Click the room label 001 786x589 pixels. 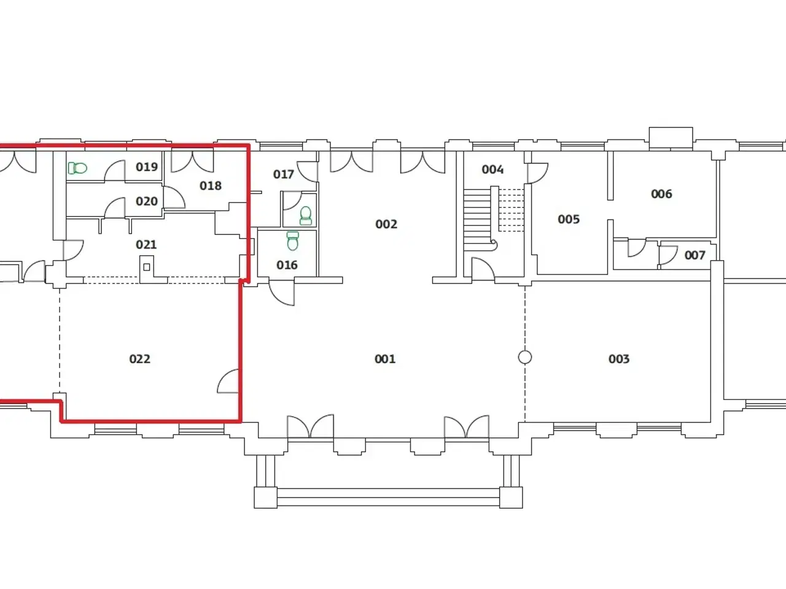(x=385, y=359)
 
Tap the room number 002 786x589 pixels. (x=386, y=224)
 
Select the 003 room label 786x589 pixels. (x=619, y=359)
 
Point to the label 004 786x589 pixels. (x=492, y=169)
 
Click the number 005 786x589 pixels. (x=569, y=219)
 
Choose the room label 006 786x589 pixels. (x=661, y=194)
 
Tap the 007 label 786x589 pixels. (x=695, y=255)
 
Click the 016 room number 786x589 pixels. (x=287, y=265)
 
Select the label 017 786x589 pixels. (x=283, y=174)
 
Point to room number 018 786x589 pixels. (x=211, y=186)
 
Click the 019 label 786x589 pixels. (x=147, y=167)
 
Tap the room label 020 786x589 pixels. (x=147, y=201)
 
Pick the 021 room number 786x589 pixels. (x=146, y=245)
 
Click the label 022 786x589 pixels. (x=139, y=359)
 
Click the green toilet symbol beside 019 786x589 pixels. (x=77, y=167)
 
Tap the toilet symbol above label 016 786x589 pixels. (x=292, y=241)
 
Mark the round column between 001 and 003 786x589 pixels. (x=525, y=357)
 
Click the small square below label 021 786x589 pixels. (x=147, y=267)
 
